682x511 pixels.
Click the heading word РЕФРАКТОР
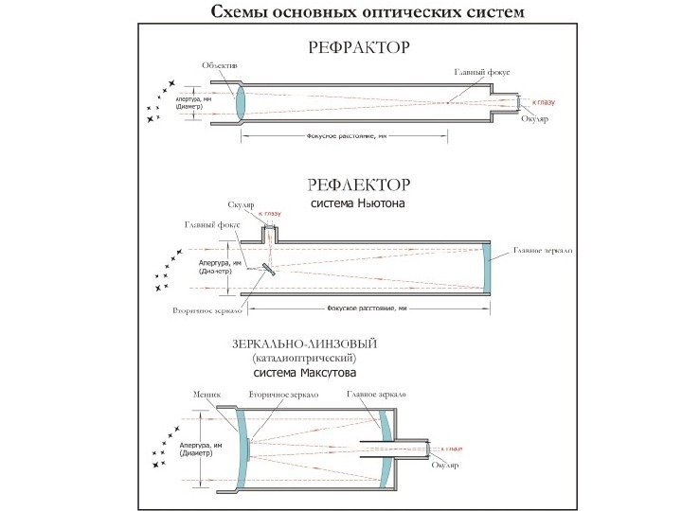357,45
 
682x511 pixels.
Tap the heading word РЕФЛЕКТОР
357,183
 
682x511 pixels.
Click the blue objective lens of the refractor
239,101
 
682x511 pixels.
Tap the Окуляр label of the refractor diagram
534,118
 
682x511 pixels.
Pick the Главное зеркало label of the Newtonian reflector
543,250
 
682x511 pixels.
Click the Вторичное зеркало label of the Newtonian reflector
207,309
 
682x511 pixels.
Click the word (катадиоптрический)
303,359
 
